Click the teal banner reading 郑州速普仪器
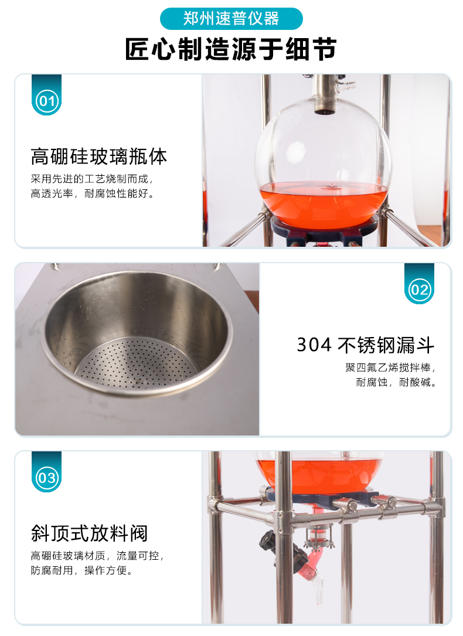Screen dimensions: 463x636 [231, 19]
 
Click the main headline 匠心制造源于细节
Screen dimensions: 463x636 [231, 49]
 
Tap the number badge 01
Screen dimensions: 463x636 [47, 100]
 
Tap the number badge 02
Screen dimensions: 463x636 [419, 289]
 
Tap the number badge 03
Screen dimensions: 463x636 [47, 477]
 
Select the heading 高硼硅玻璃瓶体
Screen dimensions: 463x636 [99, 157]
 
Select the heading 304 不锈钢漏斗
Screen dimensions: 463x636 [365, 345]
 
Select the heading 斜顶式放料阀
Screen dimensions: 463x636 [89, 533]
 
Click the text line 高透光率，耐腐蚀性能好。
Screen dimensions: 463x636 [93, 193]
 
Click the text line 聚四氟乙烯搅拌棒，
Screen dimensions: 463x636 [390, 368]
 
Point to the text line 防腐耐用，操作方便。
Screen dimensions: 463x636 [82, 570]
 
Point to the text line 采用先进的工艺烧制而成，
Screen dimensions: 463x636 [92, 179]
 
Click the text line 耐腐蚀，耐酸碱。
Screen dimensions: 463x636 [396, 382]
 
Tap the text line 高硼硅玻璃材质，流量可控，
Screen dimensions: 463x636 [97, 556]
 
